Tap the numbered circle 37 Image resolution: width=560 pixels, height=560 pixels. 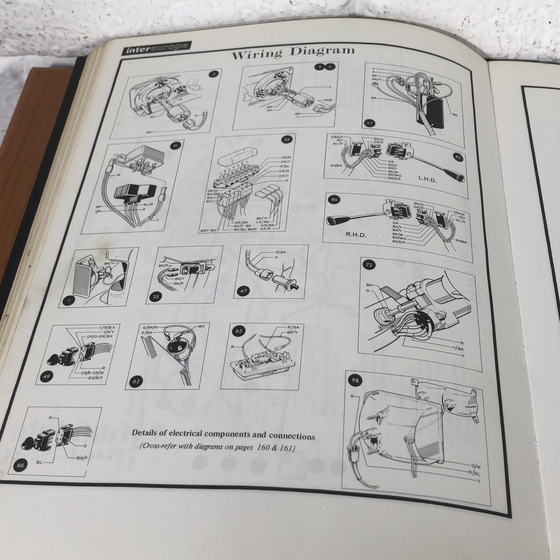click(x=369, y=123)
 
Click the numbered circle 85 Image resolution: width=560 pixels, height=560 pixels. click(x=458, y=158)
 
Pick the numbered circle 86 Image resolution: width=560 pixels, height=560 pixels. click(x=334, y=200)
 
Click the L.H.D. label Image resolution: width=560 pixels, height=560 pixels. click(x=427, y=180)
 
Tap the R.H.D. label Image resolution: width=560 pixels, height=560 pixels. click(x=356, y=235)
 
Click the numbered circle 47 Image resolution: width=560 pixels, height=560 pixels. click(x=243, y=291)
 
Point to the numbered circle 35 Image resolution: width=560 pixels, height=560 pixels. click(x=156, y=297)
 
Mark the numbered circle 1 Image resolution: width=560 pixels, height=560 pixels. click(x=69, y=301)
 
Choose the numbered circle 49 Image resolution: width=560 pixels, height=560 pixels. click(x=46, y=376)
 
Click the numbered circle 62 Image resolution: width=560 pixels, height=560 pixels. click(x=136, y=381)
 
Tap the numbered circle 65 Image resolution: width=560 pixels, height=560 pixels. click(x=239, y=331)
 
